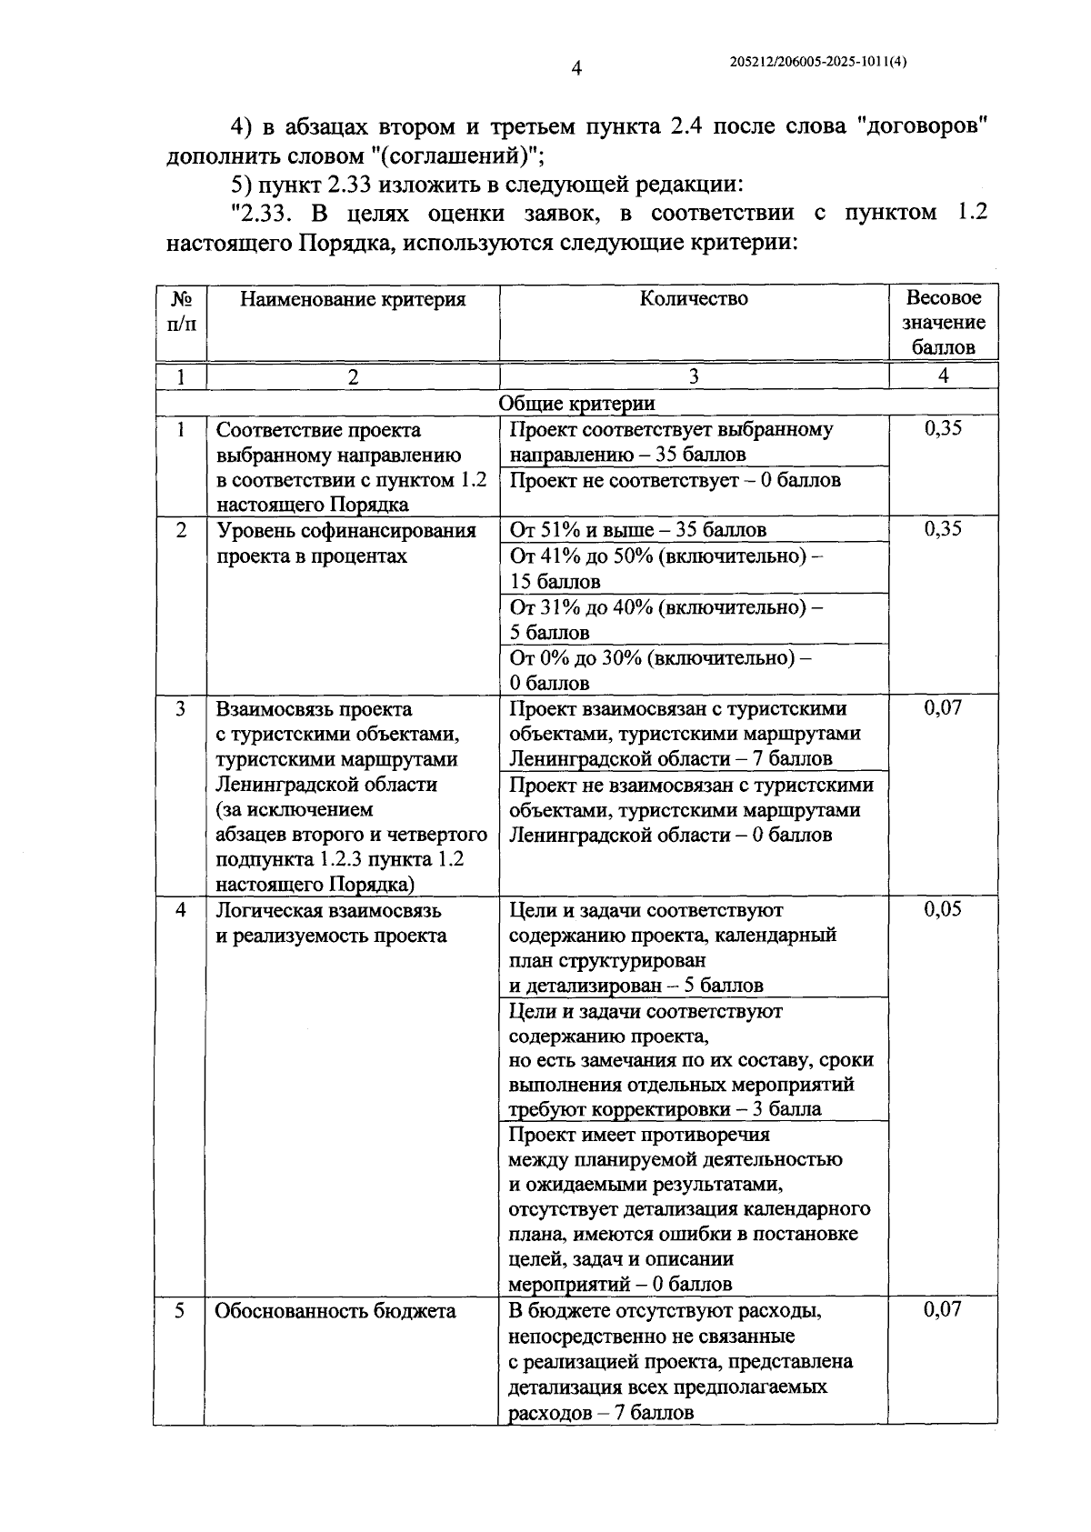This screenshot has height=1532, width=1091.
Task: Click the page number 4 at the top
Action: (576, 68)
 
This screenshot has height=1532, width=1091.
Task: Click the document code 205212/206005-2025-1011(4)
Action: (818, 62)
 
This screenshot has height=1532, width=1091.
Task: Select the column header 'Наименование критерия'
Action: (353, 299)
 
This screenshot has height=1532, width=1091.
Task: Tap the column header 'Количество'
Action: (694, 299)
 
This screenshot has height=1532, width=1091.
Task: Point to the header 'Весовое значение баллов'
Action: (943, 323)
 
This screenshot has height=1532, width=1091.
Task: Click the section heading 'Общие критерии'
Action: (576, 403)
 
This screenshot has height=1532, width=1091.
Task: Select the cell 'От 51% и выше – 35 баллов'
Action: (637, 530)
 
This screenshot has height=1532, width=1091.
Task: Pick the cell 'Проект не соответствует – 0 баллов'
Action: (675, 480)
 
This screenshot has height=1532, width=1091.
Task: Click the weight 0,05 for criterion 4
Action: (943, 910)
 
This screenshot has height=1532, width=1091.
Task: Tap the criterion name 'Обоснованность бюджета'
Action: (335, 1311)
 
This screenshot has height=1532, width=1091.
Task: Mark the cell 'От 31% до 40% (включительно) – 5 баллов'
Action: (666, 619)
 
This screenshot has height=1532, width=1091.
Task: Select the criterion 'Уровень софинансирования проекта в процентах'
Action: (345, 543)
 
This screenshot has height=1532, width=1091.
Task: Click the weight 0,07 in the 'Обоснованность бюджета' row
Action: (942, 1310)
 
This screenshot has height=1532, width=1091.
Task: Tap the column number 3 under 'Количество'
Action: (694, 376)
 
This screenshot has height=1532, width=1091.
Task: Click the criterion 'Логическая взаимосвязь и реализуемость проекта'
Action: (331, 923)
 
